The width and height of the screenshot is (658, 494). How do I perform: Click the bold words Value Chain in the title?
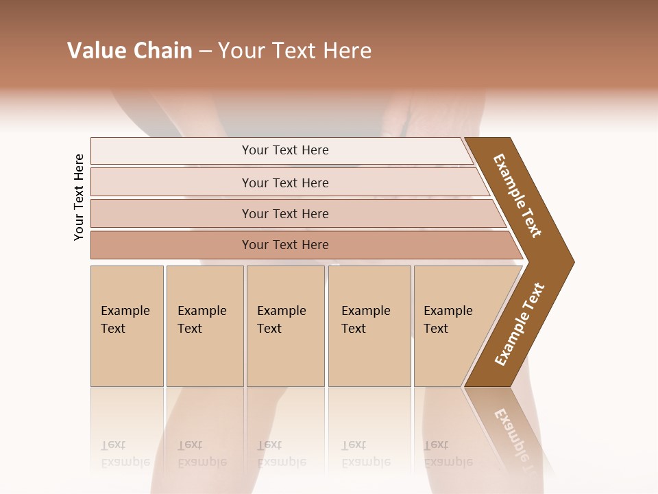coord(130,51)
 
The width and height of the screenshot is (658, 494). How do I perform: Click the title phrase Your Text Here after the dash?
coord(295,51)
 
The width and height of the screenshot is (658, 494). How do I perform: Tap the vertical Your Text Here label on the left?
coord(79,197)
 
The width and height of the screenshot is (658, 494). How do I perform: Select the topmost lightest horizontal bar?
coord(284,150)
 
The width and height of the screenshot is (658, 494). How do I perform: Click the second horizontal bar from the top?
coord(284,183)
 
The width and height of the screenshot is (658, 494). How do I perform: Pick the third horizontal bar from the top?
coord(284,213)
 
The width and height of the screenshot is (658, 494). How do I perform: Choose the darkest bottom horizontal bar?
coord(284,245)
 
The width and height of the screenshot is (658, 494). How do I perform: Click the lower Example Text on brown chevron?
coord(520,324)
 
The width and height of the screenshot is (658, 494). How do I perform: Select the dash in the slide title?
coord(205,51)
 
